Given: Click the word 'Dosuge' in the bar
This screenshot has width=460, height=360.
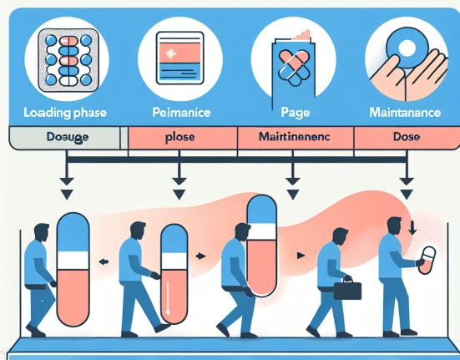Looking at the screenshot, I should [x=66, y=137].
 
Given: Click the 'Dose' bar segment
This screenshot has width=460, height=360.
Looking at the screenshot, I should [x=405, y=137].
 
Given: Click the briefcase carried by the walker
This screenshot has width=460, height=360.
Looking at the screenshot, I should [x=347, y=290].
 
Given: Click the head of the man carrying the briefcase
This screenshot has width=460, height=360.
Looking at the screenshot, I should [x=340, y=236].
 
